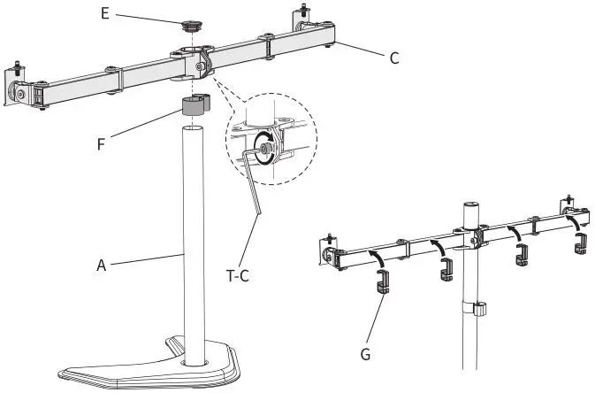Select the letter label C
pos(394,59)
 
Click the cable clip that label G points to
pos(381,284)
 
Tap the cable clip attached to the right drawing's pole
pos(478,309)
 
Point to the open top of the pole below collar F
pos(193,129)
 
